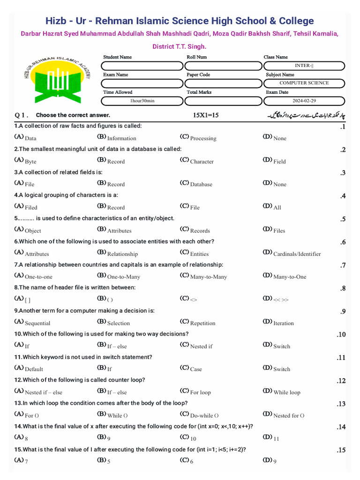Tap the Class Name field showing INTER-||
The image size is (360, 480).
pyautogui.click(x=304, y=66)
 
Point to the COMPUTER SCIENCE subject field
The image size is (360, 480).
pyautogui.click(x=304, y=83)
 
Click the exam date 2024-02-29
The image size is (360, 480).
pyautogui.click(x=304, y=101)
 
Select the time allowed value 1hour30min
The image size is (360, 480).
pyautogui.click(x=142, y=101)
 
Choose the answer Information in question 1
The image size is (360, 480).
pyautogui.click(x=121, y=138)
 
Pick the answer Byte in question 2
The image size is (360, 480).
pyautogui.click(x=30, y=161)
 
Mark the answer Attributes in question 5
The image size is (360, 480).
pyautogui.click(x=119, y=231)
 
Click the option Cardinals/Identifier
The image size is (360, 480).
pyautogui.click(x=297, y=254)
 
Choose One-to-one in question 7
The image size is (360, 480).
pyautogui.click(x=38, y=277)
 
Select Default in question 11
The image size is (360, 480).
pyautogui.click(x=34, y=369)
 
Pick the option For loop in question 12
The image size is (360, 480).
pyautogui.click(x=200, y=392)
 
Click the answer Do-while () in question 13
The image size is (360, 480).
pyautogui.click(x=204, y=415)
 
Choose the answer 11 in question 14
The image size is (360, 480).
pyautogui.click(x=276, y=438)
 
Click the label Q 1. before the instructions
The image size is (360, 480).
pyautogui.click(x=22, y=115)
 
